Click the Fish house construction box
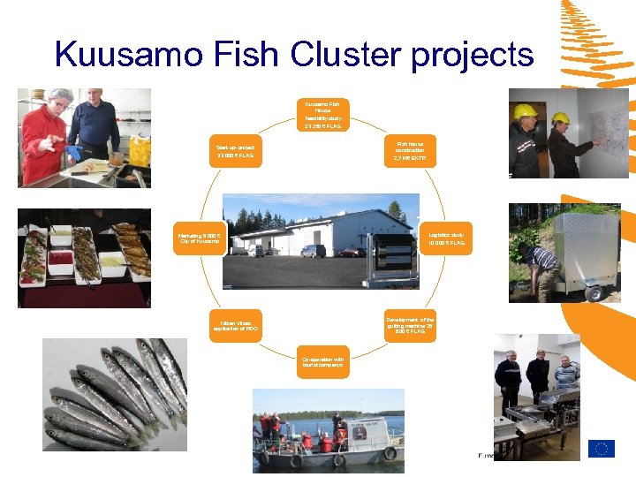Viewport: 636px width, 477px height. click(x=410, y=149)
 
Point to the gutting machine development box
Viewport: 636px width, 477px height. click(x=410, y=324)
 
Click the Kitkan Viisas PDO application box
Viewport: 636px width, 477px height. click(x=235, y=324)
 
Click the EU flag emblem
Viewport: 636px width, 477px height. click(x=602, y=449)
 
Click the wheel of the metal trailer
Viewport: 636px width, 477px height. click(x=592, y=291)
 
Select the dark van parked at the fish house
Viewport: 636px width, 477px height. click(x=314, y=250)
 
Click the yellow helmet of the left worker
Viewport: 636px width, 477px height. click(x=526, y=111)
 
